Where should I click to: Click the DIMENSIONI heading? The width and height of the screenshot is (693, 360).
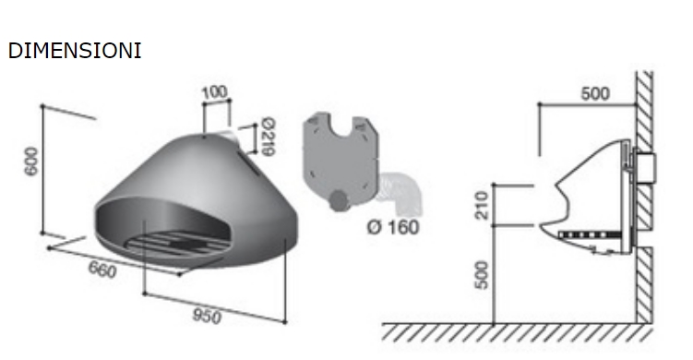(x=75, y=51)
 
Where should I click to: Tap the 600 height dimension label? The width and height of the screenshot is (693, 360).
(x=31, y=162)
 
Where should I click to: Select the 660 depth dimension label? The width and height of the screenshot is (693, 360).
(x=102, y=270)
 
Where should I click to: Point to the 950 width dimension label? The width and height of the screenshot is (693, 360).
(x=207, y=316)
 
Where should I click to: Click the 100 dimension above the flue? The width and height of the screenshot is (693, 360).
(x=215, y=93)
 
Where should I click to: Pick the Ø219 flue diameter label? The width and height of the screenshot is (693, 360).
(x=268, y=137)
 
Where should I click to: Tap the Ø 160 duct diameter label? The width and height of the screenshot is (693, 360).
(x=393, y=227)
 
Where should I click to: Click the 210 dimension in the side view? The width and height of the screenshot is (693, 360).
(x=483, y=205)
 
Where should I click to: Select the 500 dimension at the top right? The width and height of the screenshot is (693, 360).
(x=595, y=94)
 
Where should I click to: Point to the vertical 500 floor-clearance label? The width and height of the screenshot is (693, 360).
(x=483, y=275)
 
